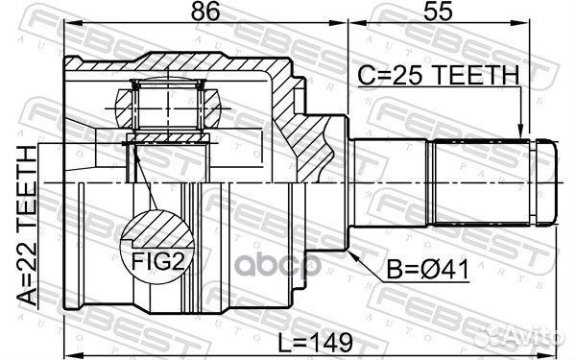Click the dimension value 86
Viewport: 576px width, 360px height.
tap(200, 13)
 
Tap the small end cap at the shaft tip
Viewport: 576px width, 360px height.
tap(545, 180)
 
